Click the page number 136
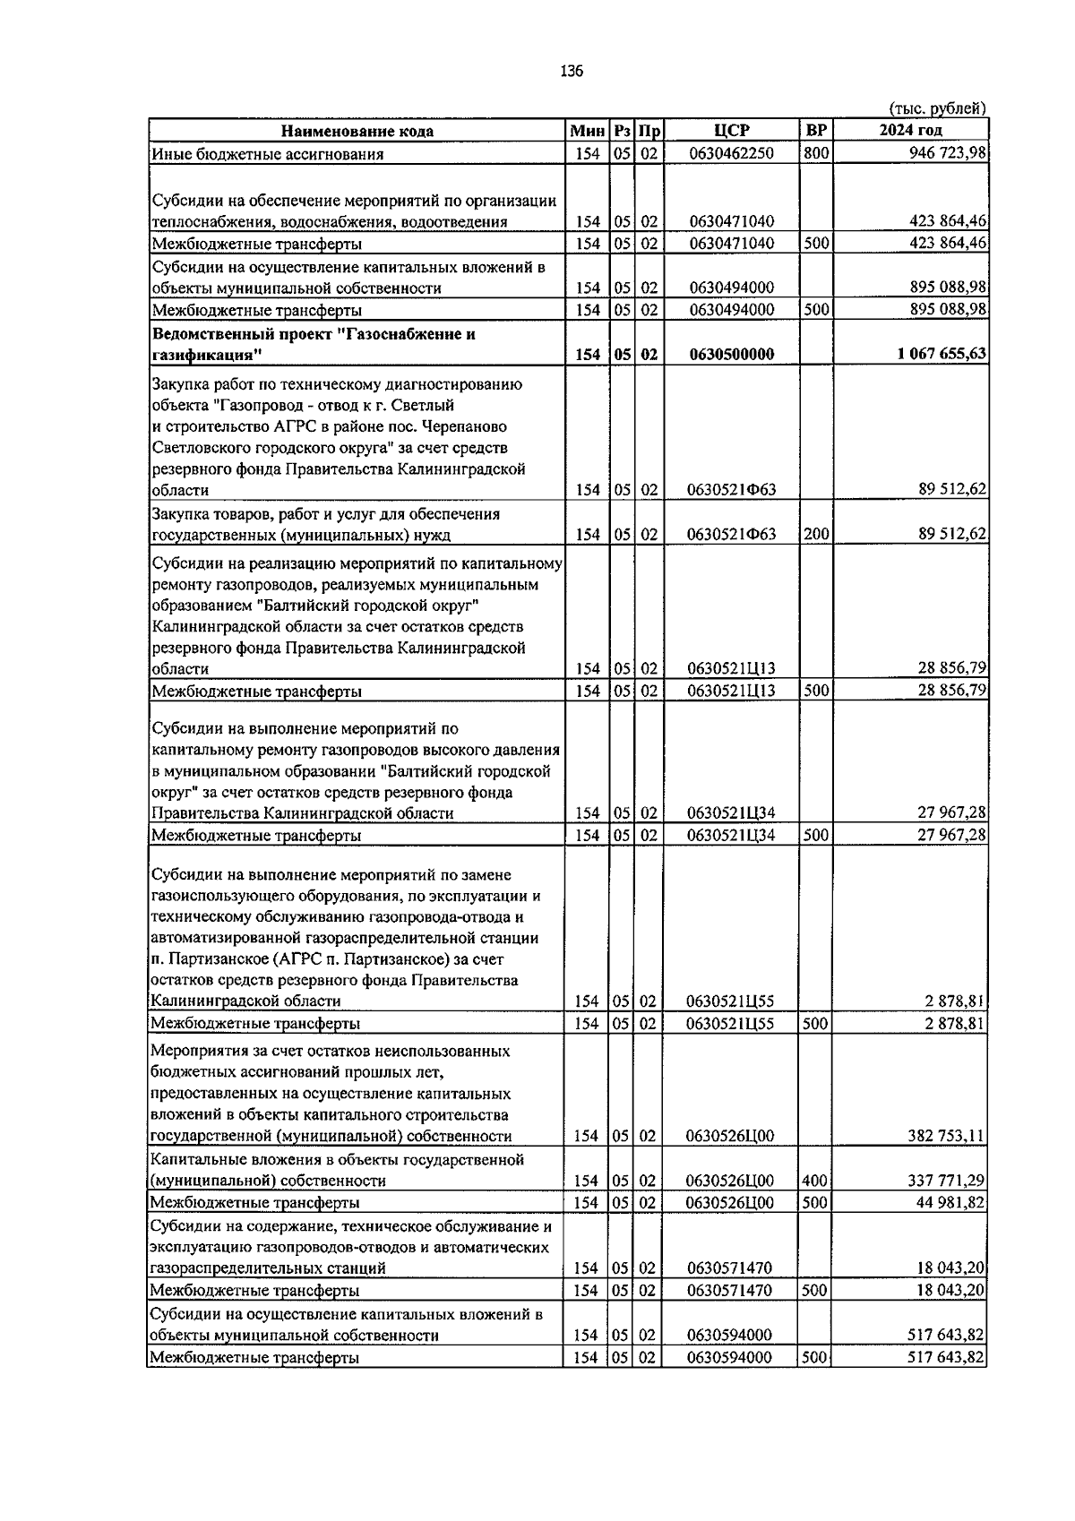pyautogui.click(x=572, y=72)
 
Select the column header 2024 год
pyautogui.click(x=910, y=131)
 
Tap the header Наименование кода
pyautogui.click(x=357, y=131)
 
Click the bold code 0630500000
pyautogui.click(x=731, y=354)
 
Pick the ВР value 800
pyautogui.click(x=815, y=153)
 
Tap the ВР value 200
pyautogui.click(x=815, y=535)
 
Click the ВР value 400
pyautogui.click(x=814, y=1181)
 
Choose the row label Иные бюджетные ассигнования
pyautogui.click(x=267, y=153)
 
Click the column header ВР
pyautogui.click(x=816, y=131)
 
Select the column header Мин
pyautogui.click(x=588, y=131)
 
